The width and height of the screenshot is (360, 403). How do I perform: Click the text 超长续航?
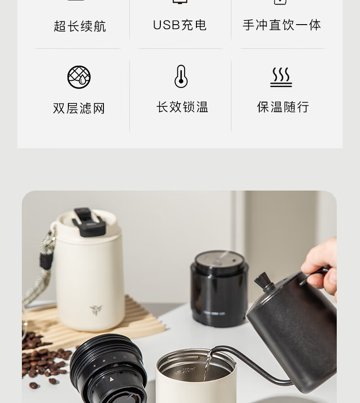point(80,26)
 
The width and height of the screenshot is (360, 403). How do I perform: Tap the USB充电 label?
point(180,25)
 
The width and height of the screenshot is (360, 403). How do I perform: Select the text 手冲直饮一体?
point(282,25)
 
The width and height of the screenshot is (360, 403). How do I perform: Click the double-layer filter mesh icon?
point(79,77)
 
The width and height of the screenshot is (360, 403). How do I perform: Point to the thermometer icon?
point(181,76)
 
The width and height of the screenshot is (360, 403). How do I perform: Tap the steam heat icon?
point(281,77)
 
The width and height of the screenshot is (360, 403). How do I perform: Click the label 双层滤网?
point(79,108)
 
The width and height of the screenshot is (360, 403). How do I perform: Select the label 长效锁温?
point(182,107)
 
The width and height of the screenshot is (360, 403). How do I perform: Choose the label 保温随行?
point(283,107)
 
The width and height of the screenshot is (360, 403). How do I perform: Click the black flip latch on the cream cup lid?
point(88,222)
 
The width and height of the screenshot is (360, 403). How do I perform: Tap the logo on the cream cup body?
point(96,310)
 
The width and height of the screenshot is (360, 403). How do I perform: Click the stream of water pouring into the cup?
point(207,365)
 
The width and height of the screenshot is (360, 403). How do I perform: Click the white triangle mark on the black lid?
point(112,379)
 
